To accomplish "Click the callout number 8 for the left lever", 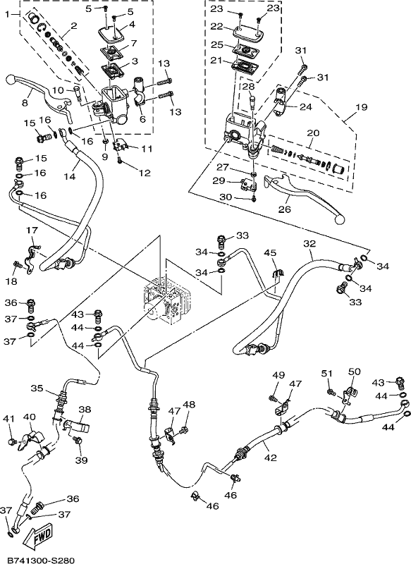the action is [x=25, y=103].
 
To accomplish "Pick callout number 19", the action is [x=362, y=107].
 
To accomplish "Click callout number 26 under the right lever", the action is [x=285, y=209].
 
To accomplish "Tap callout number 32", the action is [x=309, y=243].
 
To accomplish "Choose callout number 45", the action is [x=271, y=253].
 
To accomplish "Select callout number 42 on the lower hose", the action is [x=271, y=458].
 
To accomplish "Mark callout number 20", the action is [x=313, y=133].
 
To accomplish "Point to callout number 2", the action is [x=74, y=25].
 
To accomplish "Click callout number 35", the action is [x=37, y=388].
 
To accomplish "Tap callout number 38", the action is [x=85, y=410].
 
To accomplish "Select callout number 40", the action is [x=30, y=417].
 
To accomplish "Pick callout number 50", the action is [x=354, y=372].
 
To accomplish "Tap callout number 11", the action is [x=147, y=149].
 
